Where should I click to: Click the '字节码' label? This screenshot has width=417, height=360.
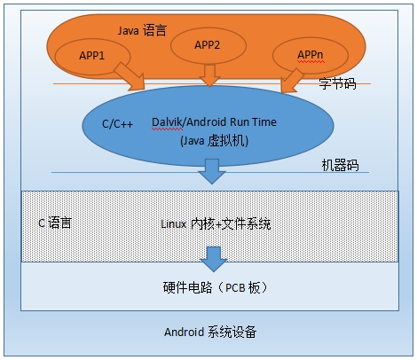(x=337, y=83)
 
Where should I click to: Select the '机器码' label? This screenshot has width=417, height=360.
(x=339, y=167)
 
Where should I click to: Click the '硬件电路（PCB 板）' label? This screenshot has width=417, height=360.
(x=215, y=289)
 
